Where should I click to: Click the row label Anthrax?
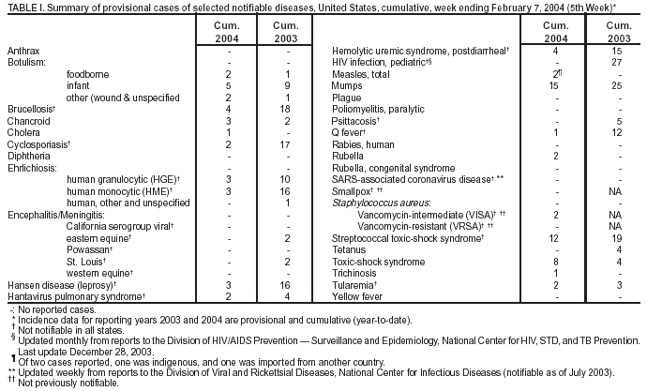23,49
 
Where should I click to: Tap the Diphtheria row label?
28,156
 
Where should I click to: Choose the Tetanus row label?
351,250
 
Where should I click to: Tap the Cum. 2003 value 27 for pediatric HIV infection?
614,61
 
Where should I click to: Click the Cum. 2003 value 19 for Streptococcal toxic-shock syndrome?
614,239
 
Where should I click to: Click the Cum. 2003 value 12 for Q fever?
614,132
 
